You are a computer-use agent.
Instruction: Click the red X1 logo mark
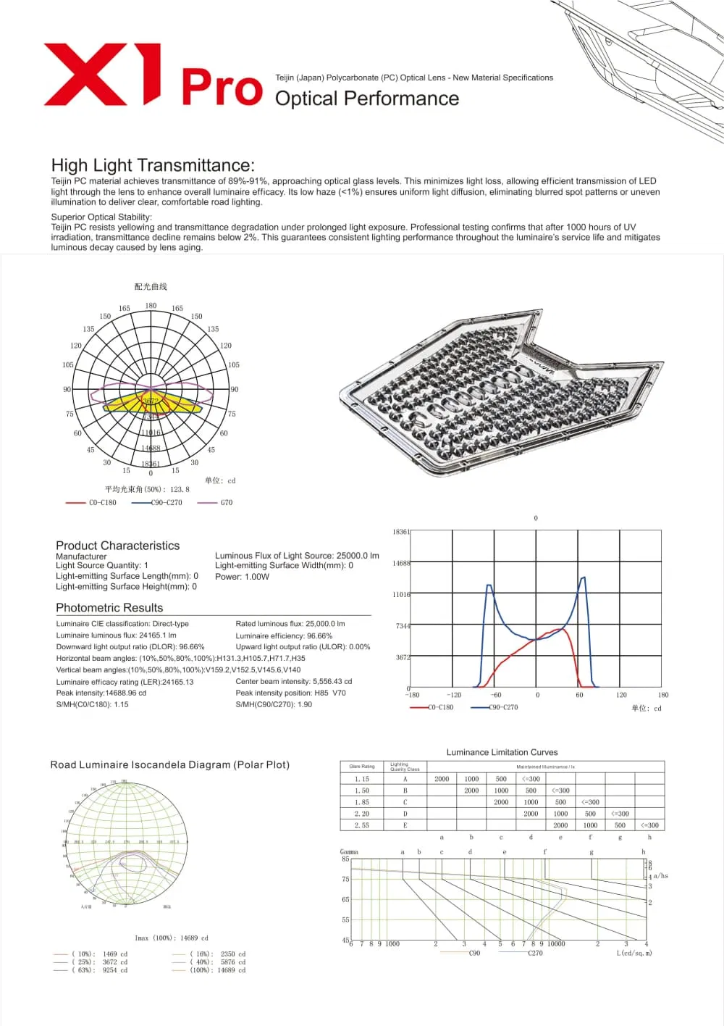point(101,74)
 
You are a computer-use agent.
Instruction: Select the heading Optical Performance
point(366,99)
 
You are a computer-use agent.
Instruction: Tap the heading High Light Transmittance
point(153,165)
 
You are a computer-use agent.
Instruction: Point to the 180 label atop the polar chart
point(151,306)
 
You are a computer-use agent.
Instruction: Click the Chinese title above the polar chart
point(151,287)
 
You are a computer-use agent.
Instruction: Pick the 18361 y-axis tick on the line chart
point(400,532)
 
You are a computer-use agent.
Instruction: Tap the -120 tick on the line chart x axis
point(454,695)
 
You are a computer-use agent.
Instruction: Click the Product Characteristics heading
point(117,546)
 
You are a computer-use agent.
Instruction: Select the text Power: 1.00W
point(242,577)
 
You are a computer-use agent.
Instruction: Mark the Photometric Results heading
point(109,608)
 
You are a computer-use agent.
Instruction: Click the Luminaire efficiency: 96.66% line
point(284,635)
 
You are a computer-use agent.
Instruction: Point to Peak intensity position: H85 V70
point(290,693)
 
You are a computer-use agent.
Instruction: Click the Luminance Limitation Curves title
point(502,752)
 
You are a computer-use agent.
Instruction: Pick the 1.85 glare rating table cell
point(361,802)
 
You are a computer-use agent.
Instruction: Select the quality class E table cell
point(405,825)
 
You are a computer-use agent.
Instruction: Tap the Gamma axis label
point(349,852)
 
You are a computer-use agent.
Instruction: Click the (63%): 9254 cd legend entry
point(100,970)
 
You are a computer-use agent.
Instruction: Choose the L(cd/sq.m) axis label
point(634,953)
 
